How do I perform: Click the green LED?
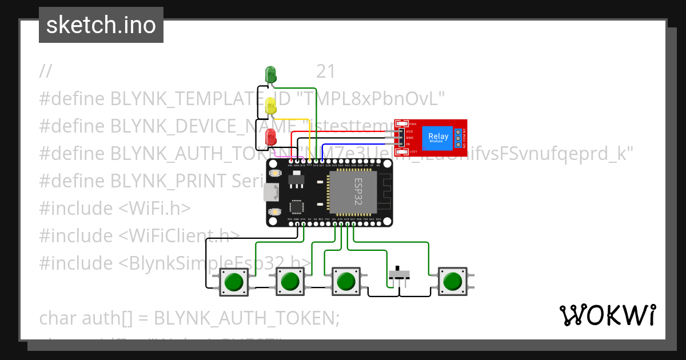pos(270,74)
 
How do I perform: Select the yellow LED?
pos(270,105)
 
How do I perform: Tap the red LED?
pos(270,137)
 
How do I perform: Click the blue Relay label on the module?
pos(438,137)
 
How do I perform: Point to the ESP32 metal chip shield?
pos(353,192)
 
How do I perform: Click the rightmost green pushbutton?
pos(452,281)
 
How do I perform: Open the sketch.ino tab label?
pos(101,25)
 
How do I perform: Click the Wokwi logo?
pos(607,315)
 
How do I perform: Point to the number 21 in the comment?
pos(326,71)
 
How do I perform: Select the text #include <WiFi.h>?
pos(114,209)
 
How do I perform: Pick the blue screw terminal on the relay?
pos(458,137)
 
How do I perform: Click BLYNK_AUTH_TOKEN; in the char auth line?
pos(247,318)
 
